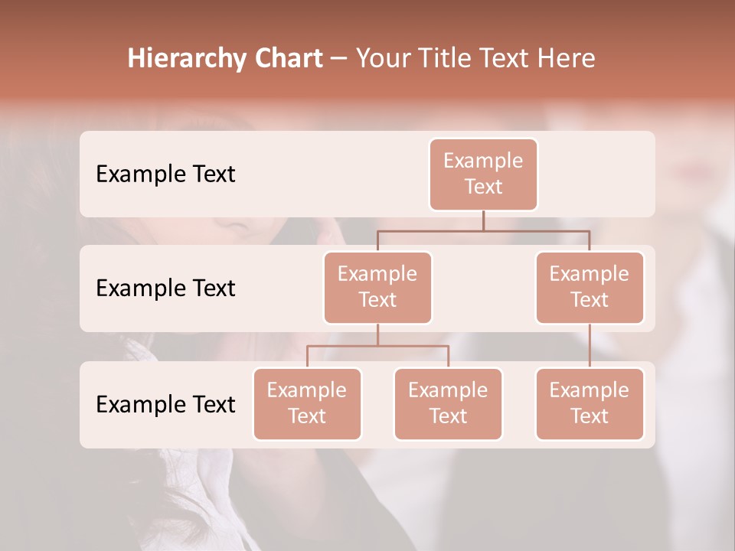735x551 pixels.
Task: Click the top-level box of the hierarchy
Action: point(483,174)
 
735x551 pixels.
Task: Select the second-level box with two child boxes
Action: point(377,288)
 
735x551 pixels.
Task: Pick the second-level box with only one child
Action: point(590,288)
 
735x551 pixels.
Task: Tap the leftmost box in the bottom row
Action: point(307,404)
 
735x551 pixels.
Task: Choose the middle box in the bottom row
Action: point(448,404)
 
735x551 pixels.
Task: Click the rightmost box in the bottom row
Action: point(590,404)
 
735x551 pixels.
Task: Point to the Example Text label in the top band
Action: point(165,174)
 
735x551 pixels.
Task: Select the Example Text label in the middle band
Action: point(165,289)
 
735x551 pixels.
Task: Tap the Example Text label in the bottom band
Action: point(165,405)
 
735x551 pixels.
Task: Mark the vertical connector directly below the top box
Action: point(483,220)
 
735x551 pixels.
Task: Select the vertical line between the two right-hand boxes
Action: point(590,346)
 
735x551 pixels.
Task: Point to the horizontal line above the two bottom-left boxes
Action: point(377,346)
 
